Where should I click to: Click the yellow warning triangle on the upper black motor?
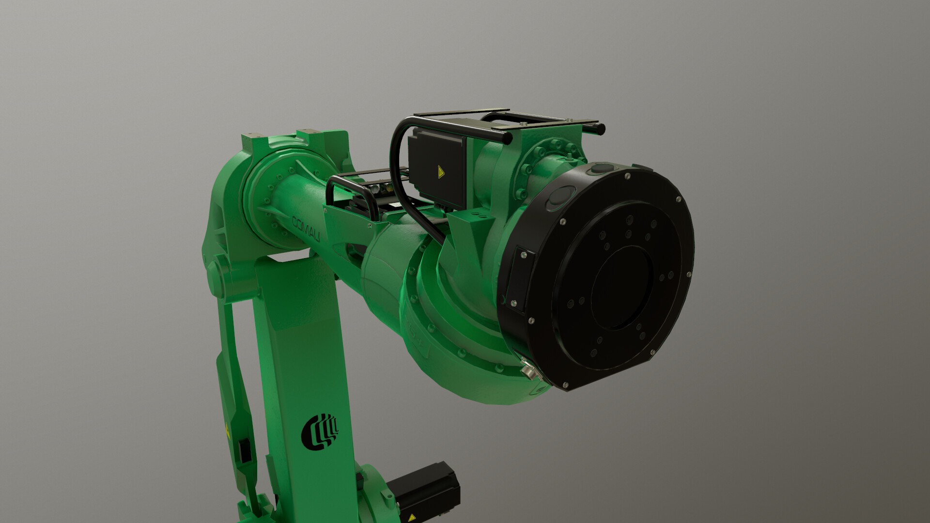441,172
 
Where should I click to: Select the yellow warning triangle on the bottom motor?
411,518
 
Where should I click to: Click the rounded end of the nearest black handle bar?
507,139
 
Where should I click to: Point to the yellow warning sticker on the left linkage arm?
226,428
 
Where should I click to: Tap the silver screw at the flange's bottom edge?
565,385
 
